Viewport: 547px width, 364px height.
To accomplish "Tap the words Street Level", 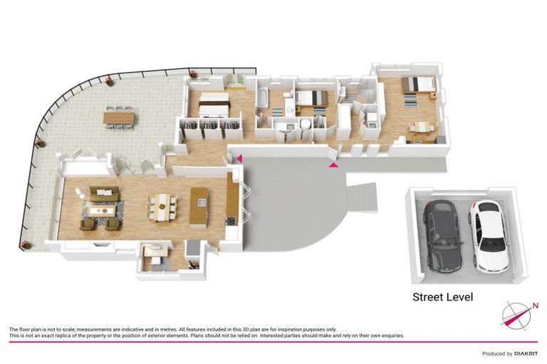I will point(443,297).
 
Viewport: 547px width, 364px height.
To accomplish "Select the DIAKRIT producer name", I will point(523,353).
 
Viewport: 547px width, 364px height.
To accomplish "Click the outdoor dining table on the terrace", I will point(118,116).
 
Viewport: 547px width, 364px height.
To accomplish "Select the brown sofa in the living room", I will point(103,193).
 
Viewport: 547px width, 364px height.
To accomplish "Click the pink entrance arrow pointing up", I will point(333,165).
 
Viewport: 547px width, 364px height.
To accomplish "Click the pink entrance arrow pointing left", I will point(240,158).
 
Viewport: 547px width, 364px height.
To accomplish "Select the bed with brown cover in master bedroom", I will point(214,105).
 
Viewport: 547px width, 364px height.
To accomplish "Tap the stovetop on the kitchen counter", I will point(230,221).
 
